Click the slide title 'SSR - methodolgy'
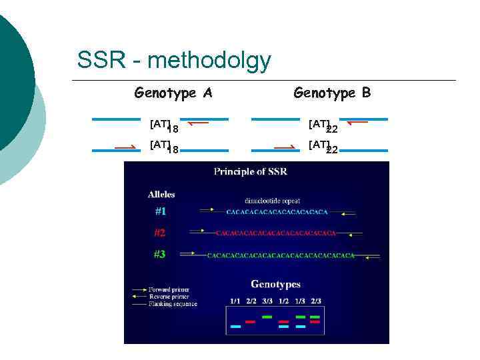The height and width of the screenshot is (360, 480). (x=174, y=61)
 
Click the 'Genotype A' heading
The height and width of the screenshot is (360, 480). (x=173, y=93)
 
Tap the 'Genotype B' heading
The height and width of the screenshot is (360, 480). (x=332, y=93)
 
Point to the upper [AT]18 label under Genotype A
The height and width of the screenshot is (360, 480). (x=163, y=125)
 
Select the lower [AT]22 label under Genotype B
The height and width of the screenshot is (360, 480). (x=323, y=146)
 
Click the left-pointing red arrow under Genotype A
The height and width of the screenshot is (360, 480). (x=198, y=123)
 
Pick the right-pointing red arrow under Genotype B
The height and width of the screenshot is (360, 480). (x=285, y=146)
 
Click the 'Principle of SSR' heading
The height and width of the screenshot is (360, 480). (x=250, y=172)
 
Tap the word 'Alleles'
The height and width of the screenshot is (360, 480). (x=161, y=195)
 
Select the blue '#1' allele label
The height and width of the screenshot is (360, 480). (x=160, y=211)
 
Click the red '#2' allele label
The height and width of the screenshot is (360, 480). (x=160, y=233)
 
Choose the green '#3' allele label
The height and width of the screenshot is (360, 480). (x=160, y=254)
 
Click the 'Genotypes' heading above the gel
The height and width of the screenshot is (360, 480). (x=276, y=285)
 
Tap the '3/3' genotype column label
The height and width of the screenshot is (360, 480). (x=267, y=301)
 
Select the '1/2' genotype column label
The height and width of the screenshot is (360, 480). (x=283, y=301)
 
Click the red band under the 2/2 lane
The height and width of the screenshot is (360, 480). (x=251, y=321)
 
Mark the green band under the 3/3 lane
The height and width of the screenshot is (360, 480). (x=267, y=317)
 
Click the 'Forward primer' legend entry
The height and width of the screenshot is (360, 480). (x=169, y=289)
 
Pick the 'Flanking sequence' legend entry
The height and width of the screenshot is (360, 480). (x=172, y=304)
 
